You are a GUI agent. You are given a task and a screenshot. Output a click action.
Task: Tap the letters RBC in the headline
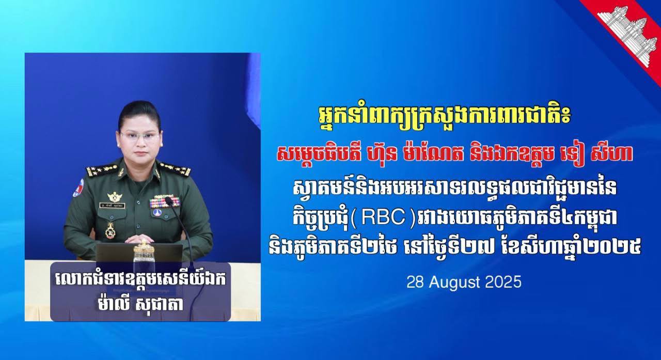[383, 219]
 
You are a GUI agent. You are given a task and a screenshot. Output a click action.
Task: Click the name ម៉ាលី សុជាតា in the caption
[141, 304]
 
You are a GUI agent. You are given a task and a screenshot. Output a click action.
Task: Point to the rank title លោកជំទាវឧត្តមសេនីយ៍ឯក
[140, 280]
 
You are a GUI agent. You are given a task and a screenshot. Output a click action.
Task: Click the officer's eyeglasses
[139, 137]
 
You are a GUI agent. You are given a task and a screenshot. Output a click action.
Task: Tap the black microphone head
[169, 202]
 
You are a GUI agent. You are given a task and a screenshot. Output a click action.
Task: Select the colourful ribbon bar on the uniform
[164, 202]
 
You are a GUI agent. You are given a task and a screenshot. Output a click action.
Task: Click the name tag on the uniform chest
[112, 206]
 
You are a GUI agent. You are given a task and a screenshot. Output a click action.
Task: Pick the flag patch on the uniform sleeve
[78, 187]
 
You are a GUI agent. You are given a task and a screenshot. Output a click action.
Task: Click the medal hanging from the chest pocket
[111, 230]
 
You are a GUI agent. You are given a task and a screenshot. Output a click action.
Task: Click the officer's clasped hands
[139, 239]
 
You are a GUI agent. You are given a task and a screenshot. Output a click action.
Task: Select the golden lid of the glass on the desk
[144, 248]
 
